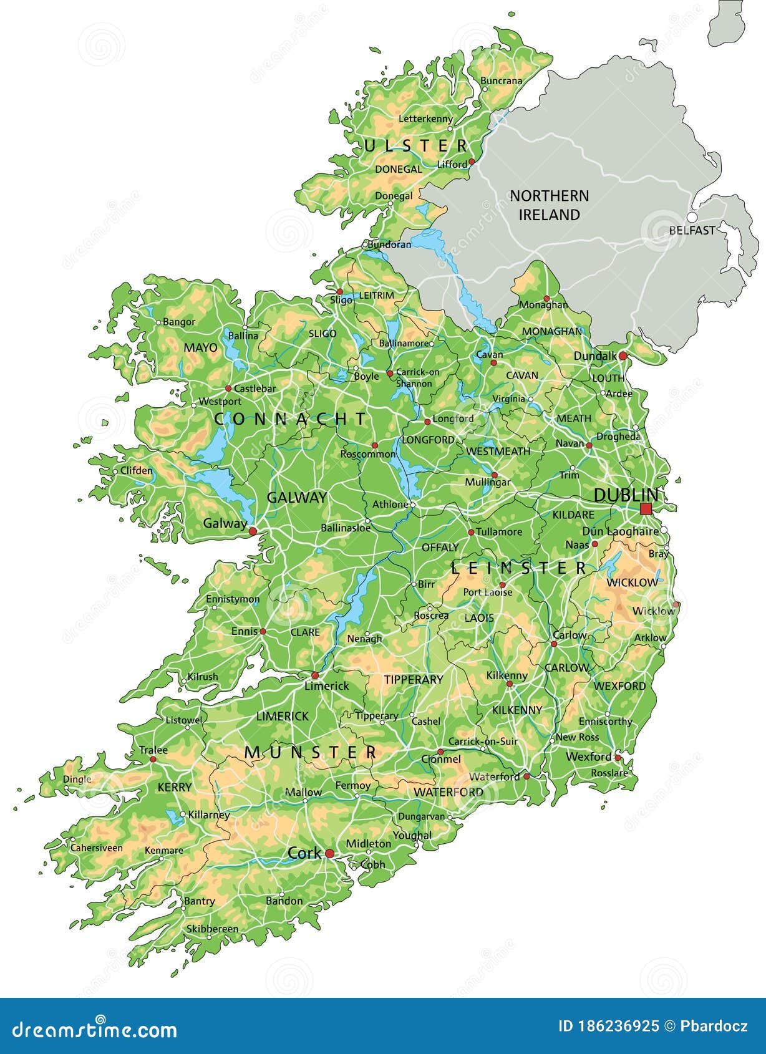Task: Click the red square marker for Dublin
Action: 646,509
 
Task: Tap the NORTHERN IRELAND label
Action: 550,205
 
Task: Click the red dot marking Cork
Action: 329,854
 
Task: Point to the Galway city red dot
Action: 253,531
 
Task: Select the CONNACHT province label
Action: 291,419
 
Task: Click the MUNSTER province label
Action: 311,752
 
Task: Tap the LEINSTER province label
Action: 519,568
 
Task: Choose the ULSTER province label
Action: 415,146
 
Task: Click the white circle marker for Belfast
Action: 692,216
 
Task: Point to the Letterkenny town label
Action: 425,118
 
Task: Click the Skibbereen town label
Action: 212,929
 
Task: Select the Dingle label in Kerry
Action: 77,779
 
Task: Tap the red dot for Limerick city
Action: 315,675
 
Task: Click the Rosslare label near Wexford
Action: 609,773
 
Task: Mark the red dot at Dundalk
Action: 622,355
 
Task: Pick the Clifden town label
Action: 136,470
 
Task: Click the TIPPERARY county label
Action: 414,679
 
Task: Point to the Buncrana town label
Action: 502,80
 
